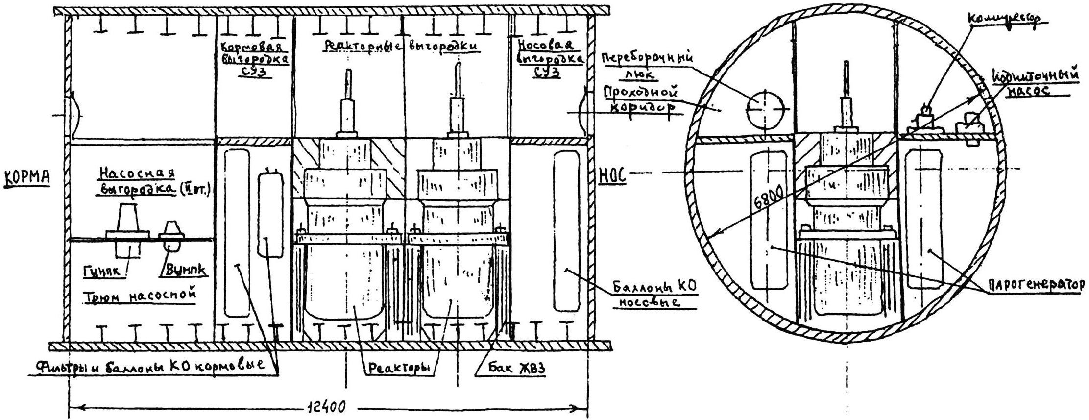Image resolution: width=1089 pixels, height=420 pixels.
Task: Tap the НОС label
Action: pos(612,175)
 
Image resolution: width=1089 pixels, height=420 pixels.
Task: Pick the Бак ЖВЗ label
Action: pos(510,368)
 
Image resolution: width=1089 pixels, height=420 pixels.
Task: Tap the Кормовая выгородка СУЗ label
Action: pos(254,60)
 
